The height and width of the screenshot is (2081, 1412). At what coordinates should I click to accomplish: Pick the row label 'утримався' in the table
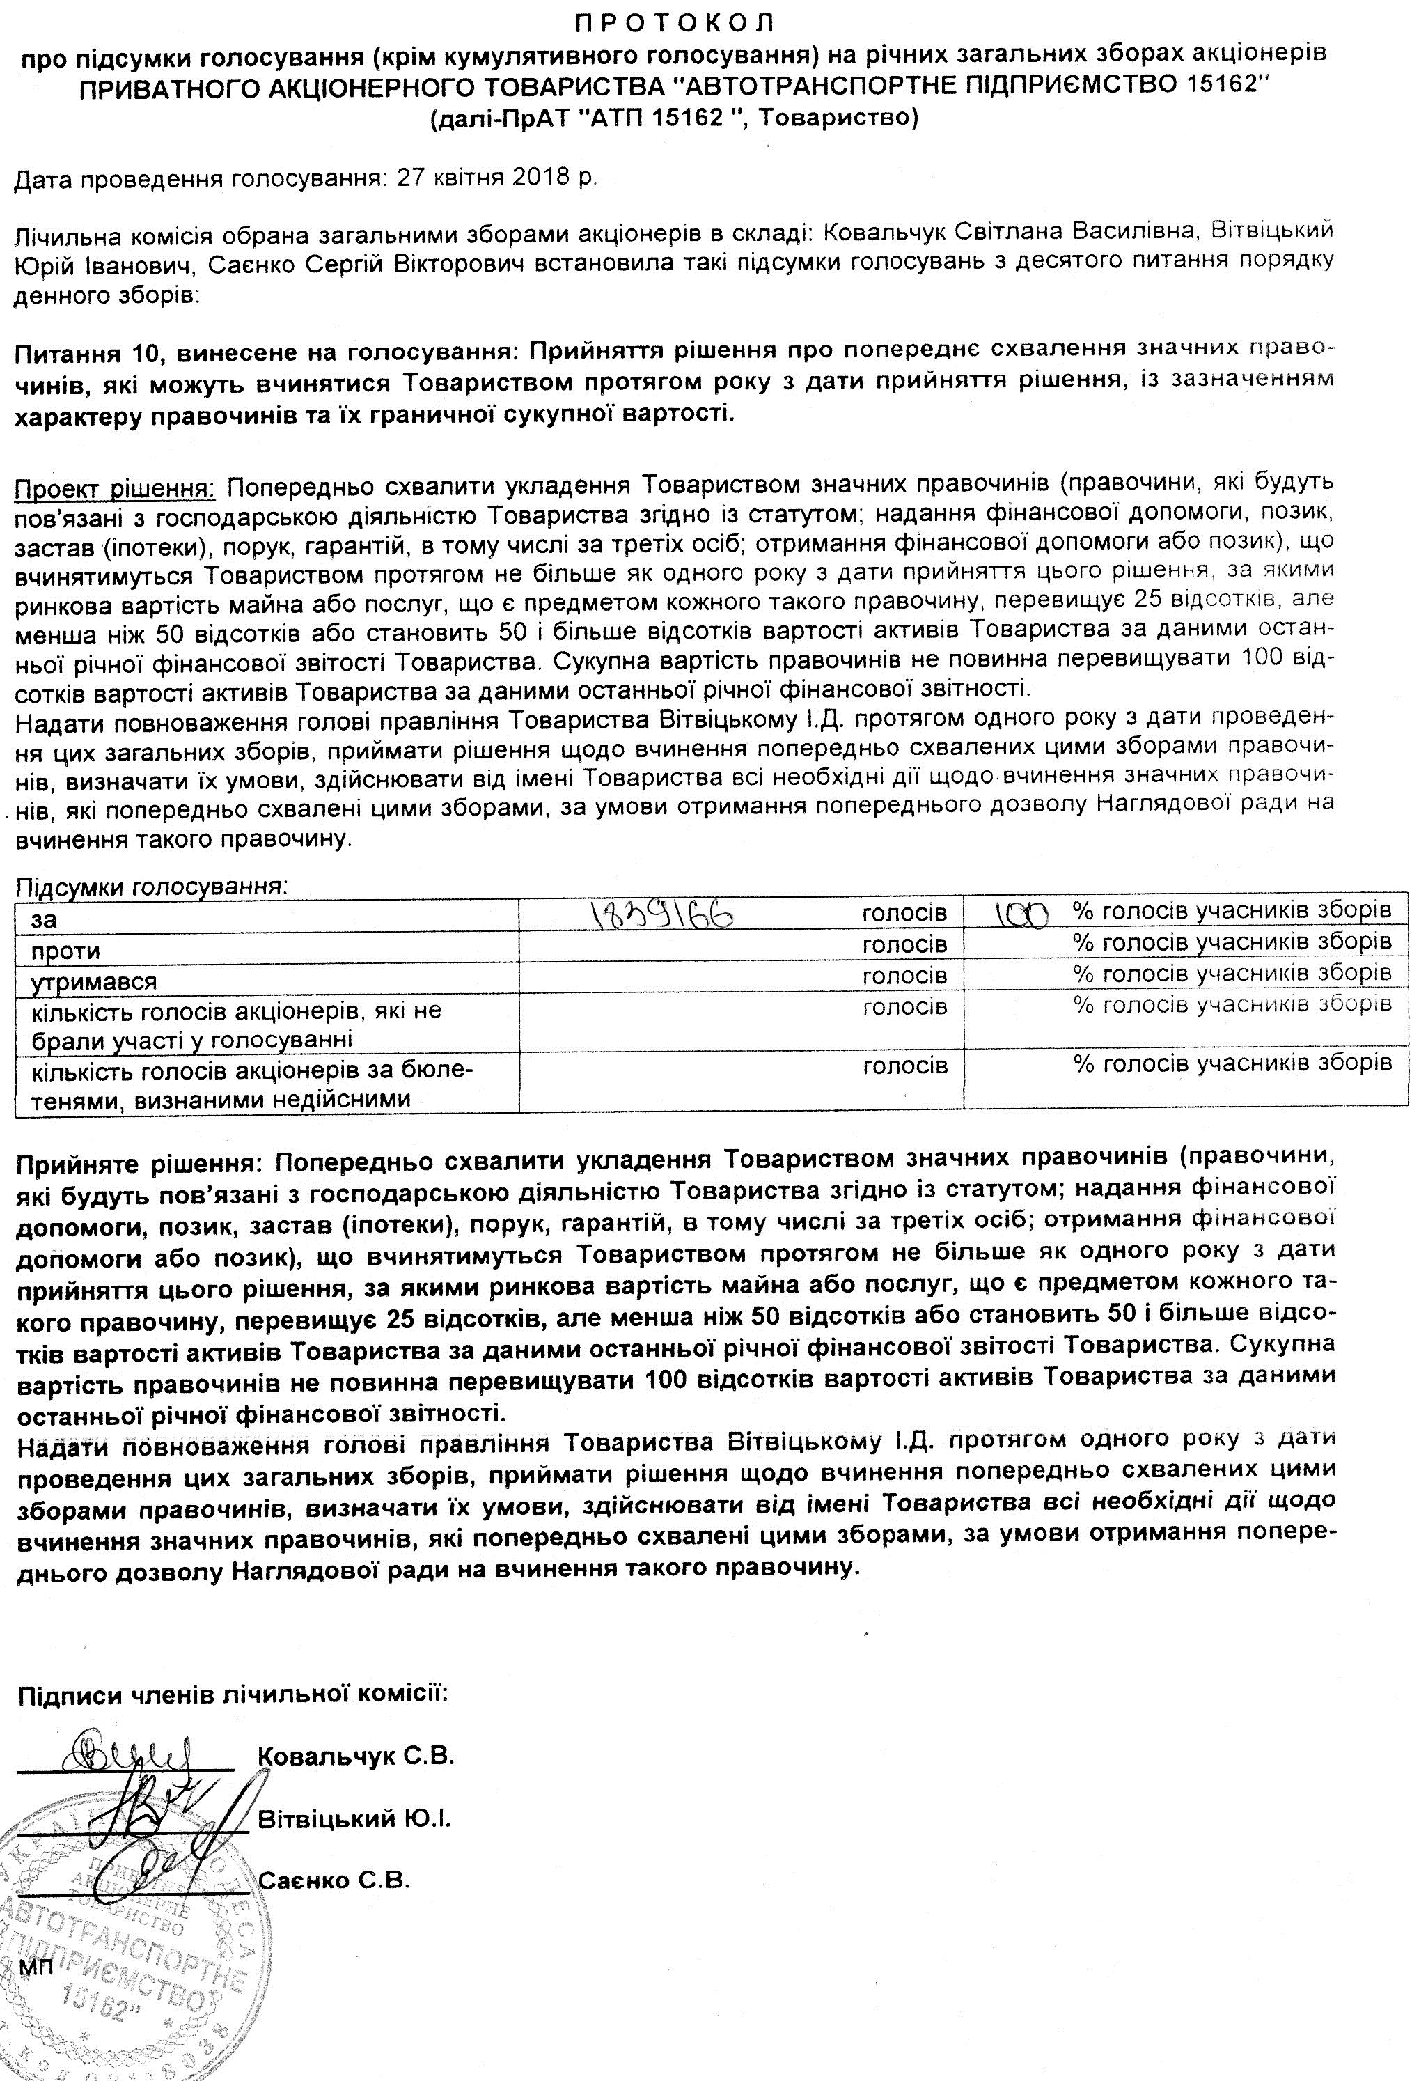pos(94,981)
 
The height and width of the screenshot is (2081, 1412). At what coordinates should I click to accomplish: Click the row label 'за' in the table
pos(44,919)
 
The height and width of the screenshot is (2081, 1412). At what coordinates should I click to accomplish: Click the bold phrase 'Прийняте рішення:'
pos(139,1162)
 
